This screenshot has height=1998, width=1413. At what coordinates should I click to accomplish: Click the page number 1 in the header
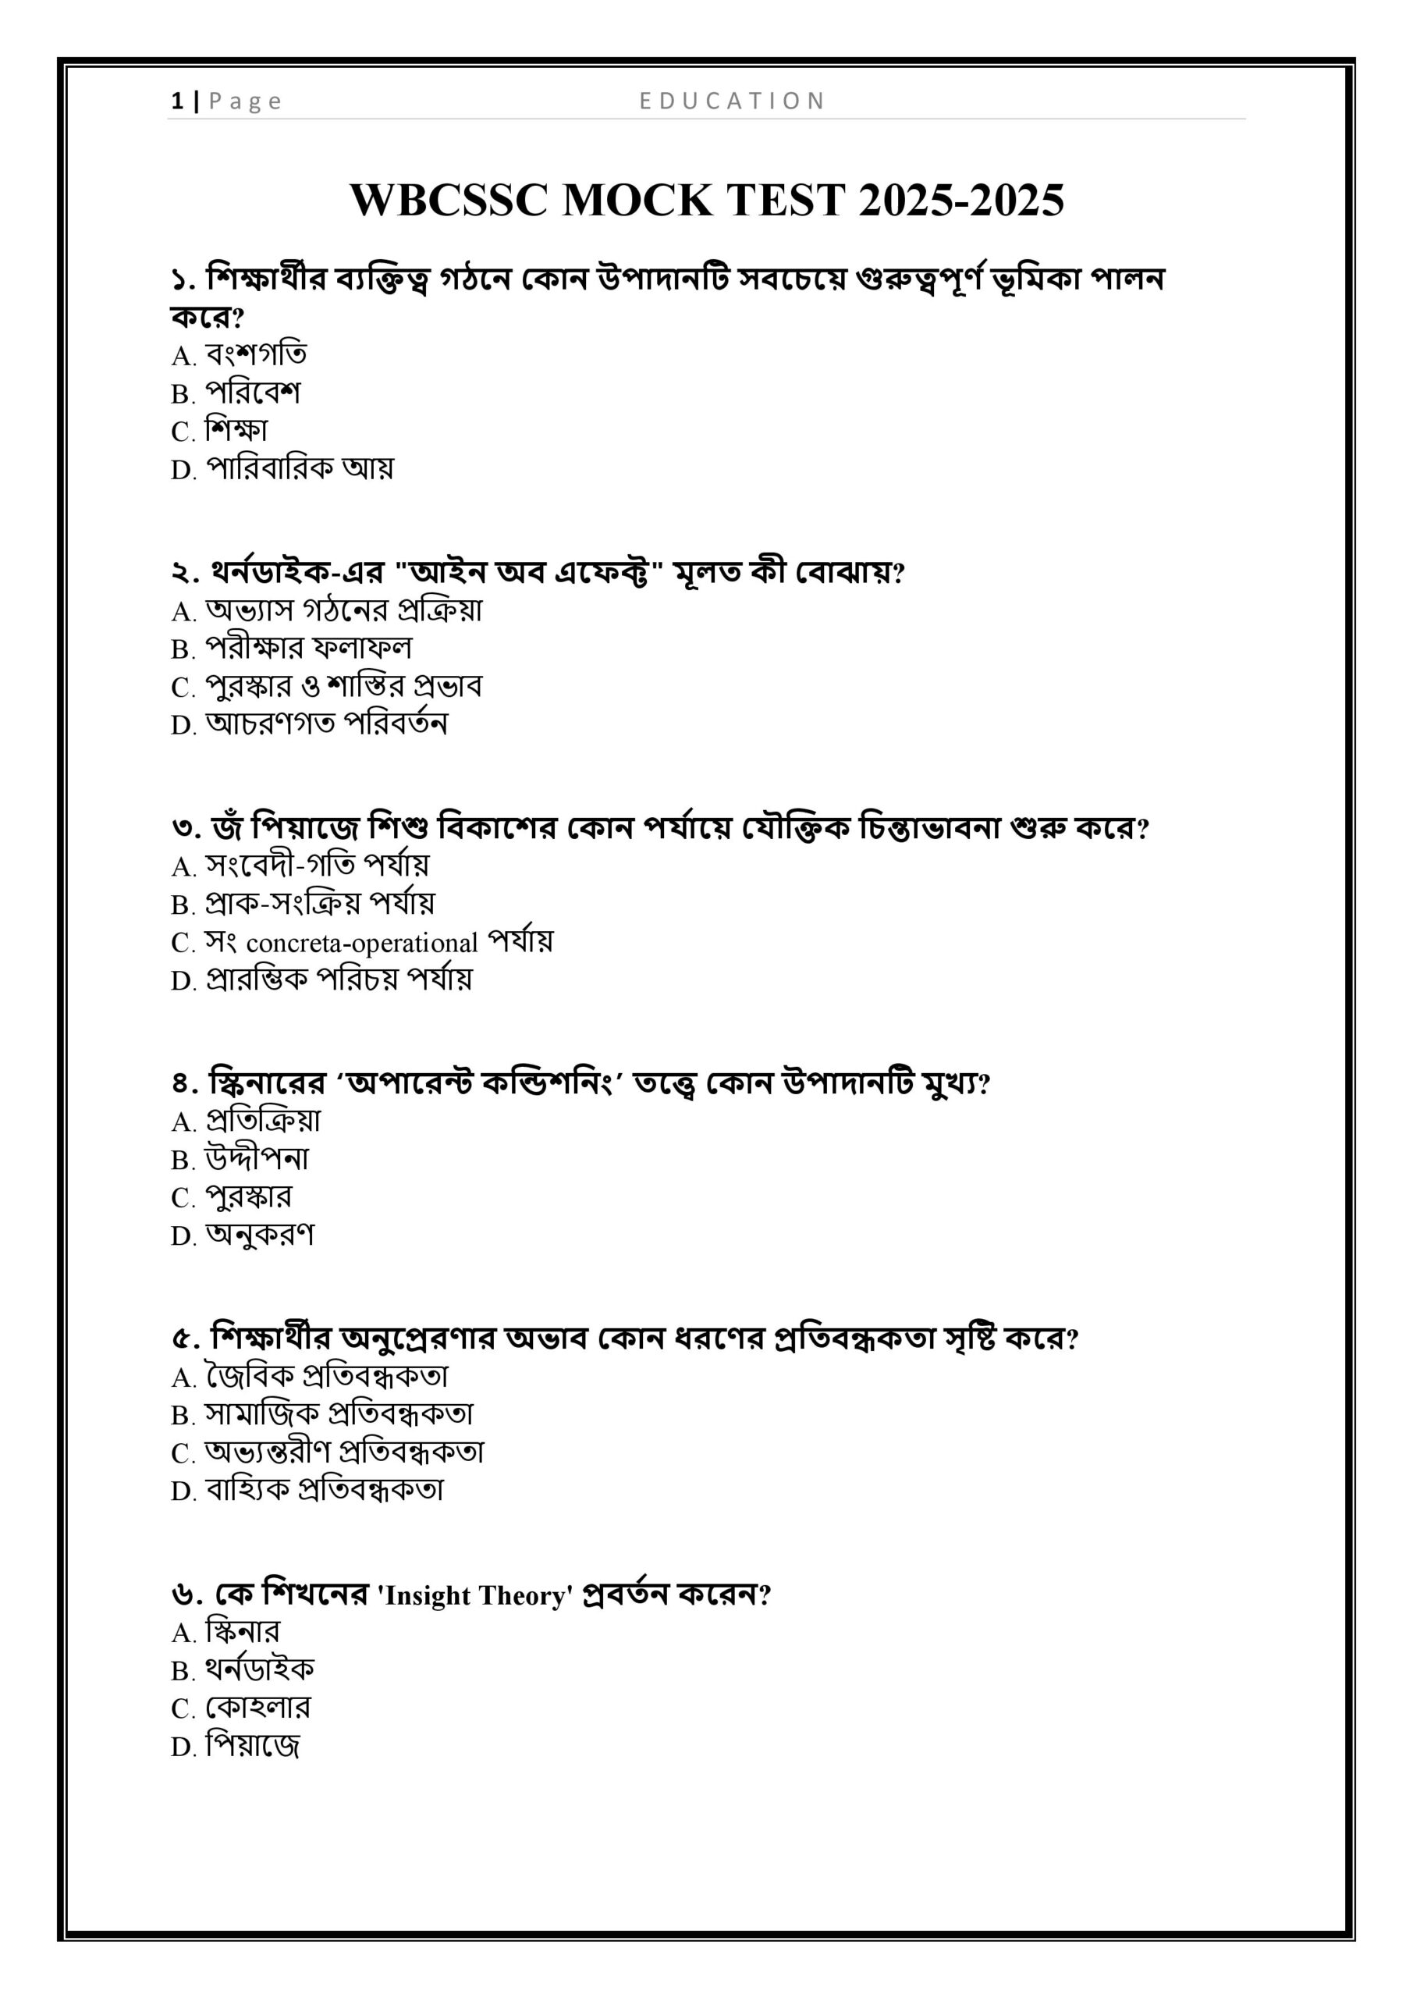pyautogui.click(x=176, y=101)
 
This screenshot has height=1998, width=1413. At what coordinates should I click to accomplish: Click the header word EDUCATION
pyautogui.click(x=732, y=101)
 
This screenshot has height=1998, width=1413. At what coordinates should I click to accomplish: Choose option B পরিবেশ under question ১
pyautogui.click(x=252, y=393)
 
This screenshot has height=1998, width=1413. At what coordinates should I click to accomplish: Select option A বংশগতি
pyautogui.click(x=256, y=354)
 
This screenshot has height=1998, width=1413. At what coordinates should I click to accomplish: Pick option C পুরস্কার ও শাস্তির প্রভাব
pyautogui.click(x=343, y=686)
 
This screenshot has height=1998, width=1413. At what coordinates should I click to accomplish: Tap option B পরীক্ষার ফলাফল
pyautogui.click(x=308, y=649)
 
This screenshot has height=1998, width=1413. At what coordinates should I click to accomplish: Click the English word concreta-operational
pyautogui.click(x=362, y=943)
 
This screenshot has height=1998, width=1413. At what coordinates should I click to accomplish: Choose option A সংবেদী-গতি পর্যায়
pyautogui.click(x=317, y=865)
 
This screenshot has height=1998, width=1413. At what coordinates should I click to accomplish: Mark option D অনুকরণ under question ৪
pyautogui.click(x=259, y=1234)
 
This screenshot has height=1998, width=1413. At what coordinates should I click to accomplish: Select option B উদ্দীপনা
pyautogui.click(x=257, y=1158)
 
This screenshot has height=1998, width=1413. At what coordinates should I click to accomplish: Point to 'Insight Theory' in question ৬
pyautogui.click(x=475, y=1595)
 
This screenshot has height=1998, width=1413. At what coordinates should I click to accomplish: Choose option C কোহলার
pyautogui.click(x=257, y=1708)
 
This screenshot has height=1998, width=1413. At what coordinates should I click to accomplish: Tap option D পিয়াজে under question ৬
pyautogui.click(x=252, y=1746)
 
